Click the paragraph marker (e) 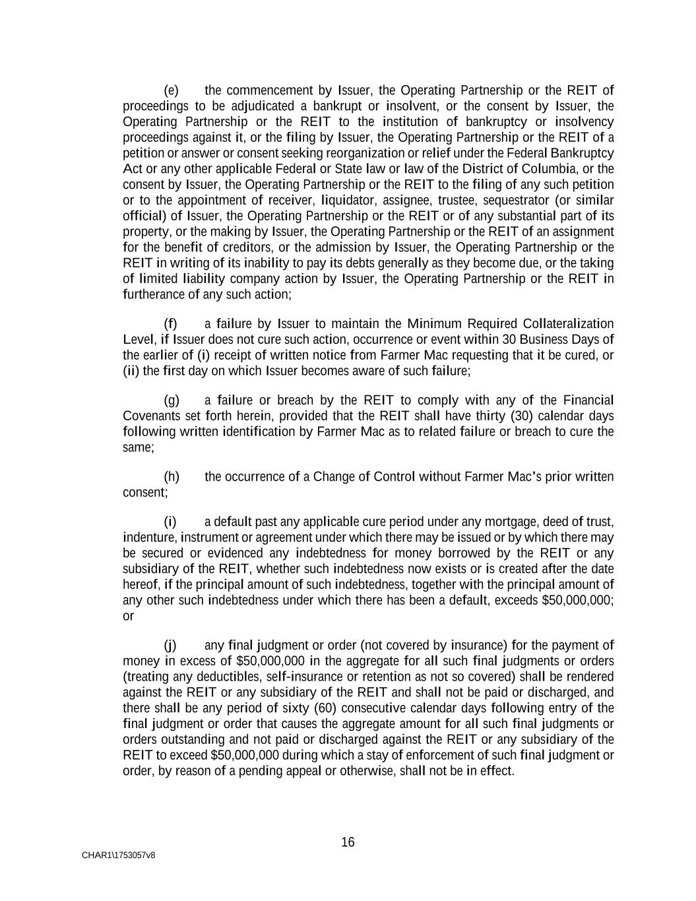[x=171, y=90]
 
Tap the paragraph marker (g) [x=172, y=401]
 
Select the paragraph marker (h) [x=172, y=477]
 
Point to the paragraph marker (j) [x=170, y=646]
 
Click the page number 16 [x=348, y=842]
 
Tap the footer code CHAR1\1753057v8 [x=119, y=855]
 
